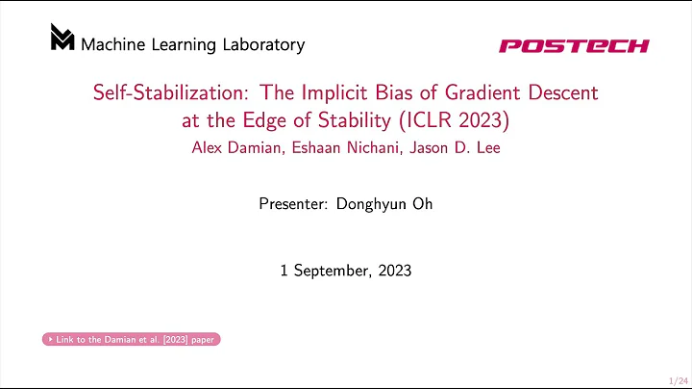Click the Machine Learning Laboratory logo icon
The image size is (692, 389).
point(62,38)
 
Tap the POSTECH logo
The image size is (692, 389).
point(574,45)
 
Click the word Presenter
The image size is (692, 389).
point(294,204)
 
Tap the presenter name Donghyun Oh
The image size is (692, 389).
point(384,204)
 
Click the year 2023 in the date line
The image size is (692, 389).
point(394,271)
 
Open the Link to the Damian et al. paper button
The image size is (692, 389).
point(132,339)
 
